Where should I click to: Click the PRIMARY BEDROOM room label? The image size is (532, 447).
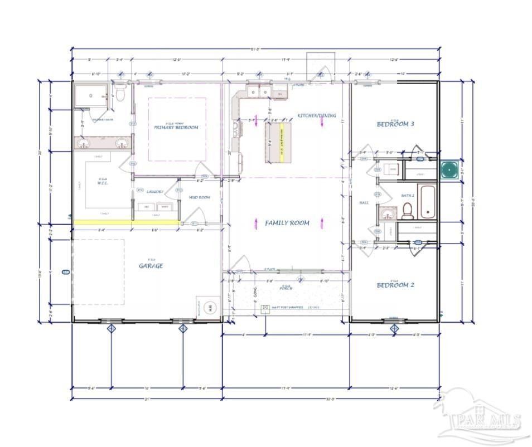pyautogui.click(x=176, y=127)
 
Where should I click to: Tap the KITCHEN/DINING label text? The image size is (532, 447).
pyautogui.click(x=316, y=115)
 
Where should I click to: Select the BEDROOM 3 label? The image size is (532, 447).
pyautogui.click(x=395, y=124)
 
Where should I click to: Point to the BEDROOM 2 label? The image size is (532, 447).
pyautogui.click(x=395, y=285)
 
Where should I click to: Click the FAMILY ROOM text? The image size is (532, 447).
pyautogui.click(x=287, y=223)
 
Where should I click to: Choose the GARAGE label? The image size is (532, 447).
pyautogui.click(x=151, y=266)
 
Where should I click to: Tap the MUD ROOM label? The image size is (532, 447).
pyautogui.click(x=199, y=197)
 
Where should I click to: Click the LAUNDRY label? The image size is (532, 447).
pyautogui.click(x=155, y=192)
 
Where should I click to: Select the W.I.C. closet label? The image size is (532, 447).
pyautogui.click(x=103, y=182)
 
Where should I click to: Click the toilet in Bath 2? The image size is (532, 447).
pyautogui.click(x=408, y=210)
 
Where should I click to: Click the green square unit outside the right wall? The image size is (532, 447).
pyautogui.click(x=449, y=169)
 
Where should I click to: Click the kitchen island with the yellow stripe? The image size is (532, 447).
pyautogui.click(x=277, y=141)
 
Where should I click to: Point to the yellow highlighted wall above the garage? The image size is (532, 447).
pyautogui.click(x=126, y=222)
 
